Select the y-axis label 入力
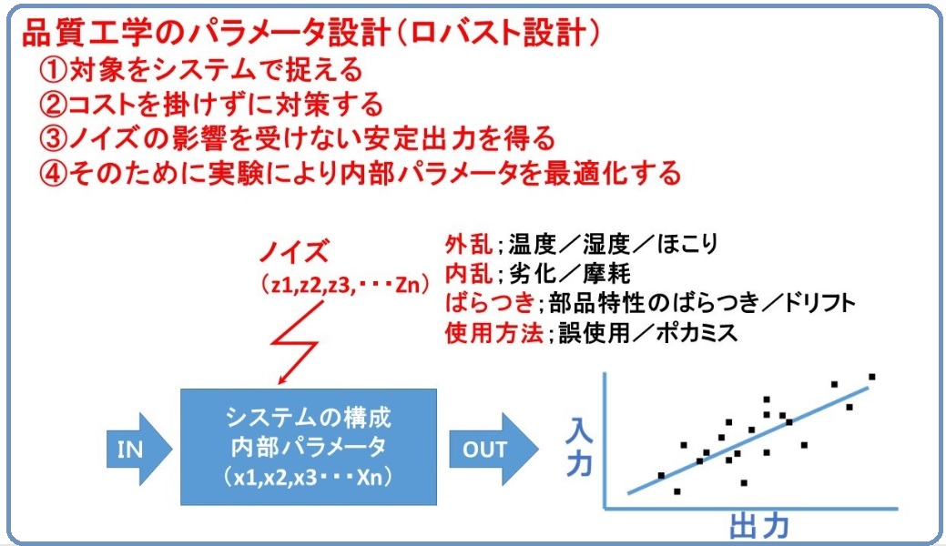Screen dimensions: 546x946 (x=578, y=447)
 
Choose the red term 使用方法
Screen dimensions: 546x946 (x=493, y=332)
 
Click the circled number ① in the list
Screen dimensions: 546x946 (x=54, y=70)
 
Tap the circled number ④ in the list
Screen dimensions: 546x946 (x=54, y=173)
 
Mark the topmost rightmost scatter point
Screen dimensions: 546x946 (x=871, y=376)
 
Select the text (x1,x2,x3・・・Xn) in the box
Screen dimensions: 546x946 (x=309, y=478)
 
